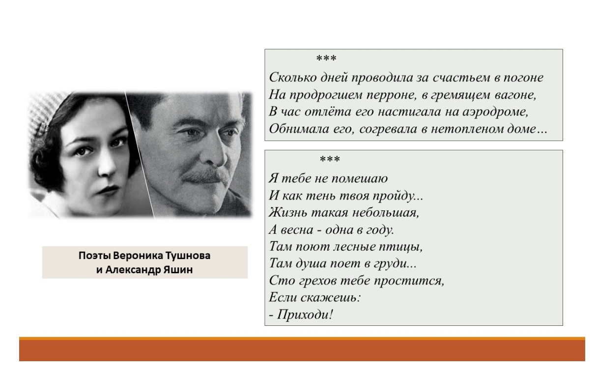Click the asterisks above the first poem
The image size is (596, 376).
click(x=326, y=58)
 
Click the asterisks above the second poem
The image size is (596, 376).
click(x=330, y=159)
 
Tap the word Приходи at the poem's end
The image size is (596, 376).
click(x=305, y=315)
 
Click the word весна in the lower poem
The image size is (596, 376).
click(x=297, y=230)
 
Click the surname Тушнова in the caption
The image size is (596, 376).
click(x=188, y=256)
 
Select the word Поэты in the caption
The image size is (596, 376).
click(x=94, y=256)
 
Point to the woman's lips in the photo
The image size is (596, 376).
click(x=108, y=189)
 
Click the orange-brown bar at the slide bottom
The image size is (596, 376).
click(x=302, y=349)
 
